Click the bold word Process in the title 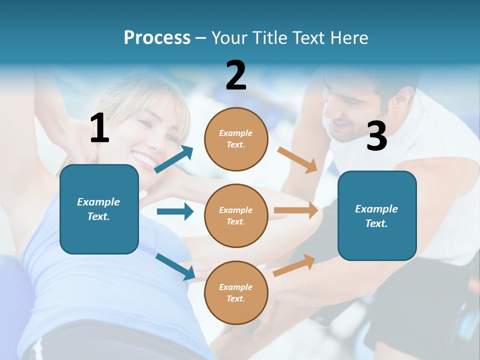157,37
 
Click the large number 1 99,128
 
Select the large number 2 236,75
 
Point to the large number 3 376,136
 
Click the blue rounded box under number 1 99,209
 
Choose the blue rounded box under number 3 377,215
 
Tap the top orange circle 236,139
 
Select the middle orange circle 236,215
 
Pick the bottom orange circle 236,292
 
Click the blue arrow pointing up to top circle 174,159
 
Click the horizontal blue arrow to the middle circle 175,211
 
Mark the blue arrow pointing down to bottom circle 175,266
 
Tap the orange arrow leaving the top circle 297,159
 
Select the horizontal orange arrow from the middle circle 296,210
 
